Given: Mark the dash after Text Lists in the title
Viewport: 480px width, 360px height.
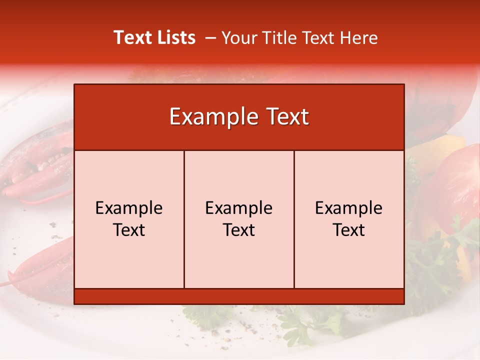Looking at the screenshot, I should pos(210,38).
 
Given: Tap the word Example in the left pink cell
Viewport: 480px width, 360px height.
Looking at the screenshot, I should pos(129,208).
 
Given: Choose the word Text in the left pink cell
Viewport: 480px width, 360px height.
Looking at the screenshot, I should pos(129,230).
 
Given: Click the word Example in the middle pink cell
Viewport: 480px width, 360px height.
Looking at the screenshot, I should pos(239,208).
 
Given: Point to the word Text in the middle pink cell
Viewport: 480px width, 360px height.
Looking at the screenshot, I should pos(239,230).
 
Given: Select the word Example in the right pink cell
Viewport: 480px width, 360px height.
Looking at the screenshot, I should pos(349,208).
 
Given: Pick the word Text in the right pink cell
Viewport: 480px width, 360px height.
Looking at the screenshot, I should pos(349,230).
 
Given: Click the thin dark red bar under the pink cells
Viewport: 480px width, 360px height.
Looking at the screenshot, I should pos(239,296).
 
